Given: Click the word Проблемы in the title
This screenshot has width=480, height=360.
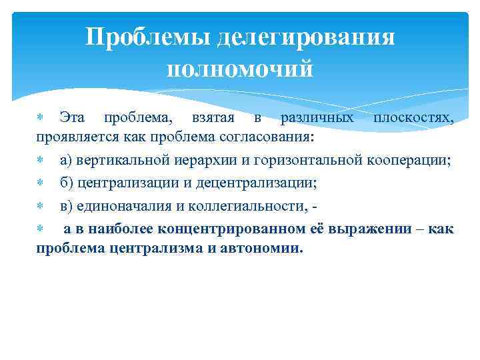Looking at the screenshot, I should [x=148, y=37].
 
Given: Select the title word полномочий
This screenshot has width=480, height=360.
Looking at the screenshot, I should [x=239, y=68].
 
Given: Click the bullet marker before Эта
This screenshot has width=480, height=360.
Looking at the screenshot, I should [x=39, y=118].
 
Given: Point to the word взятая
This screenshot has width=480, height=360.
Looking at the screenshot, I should [x=211, y=118].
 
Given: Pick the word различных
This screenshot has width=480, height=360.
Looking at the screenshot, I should [x=317, y=118].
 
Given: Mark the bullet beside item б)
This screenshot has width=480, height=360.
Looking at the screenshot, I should [x=39, y=183].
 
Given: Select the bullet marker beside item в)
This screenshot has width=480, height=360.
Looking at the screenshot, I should [x=39, y=206].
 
